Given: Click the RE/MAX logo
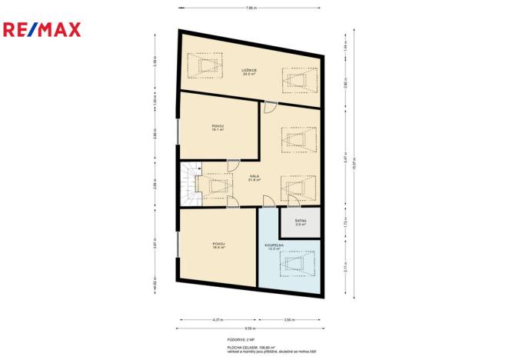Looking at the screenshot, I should (x=45, y=30).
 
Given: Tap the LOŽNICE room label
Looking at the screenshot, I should (x=249, y=73).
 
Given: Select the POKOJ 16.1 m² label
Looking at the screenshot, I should (x=218, y=128).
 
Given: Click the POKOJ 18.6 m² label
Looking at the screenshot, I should (x=218, y=245).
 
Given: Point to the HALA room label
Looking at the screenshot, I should (x=253, y=178).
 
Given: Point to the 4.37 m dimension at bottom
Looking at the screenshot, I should (x=218, y=318).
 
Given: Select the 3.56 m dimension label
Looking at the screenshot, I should (x=289, y=318).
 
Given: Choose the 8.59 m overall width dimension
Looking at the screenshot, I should (x=251, y=328).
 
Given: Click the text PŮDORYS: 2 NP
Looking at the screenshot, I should (x=251, y=339).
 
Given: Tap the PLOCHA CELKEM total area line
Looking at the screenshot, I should (x=251, y=347).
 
